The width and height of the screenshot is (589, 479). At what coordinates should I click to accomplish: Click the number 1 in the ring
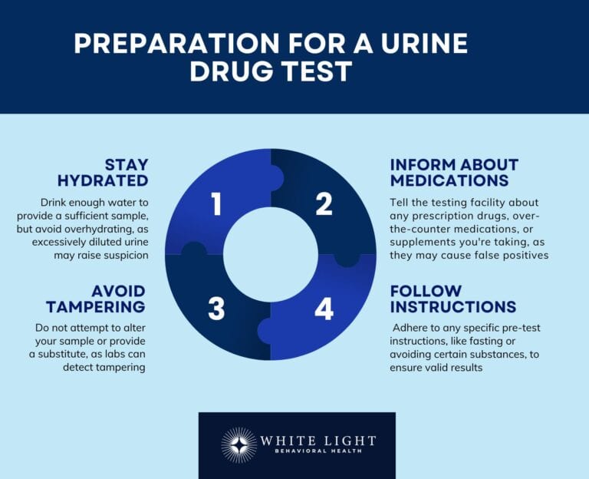[x=216, y=204]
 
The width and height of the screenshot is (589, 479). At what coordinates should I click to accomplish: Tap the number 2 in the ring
[x=324, y=204]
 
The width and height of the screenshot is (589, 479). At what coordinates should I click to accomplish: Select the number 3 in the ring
[x=216, y=309]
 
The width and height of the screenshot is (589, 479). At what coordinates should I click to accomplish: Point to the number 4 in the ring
[x=324, y=309]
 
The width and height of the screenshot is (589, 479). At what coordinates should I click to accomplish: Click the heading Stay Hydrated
[x=103, y=173]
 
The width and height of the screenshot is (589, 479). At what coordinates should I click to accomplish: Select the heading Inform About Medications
[x=454, y=173]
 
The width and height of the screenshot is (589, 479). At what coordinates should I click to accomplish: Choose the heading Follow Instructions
[x=452, y=299]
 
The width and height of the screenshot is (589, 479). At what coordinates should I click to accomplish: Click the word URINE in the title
[x=419, y=43]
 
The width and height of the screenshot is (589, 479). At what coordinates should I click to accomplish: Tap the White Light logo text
[x=318, y=441]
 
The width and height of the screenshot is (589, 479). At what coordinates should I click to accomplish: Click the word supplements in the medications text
[x=423, y=242]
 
